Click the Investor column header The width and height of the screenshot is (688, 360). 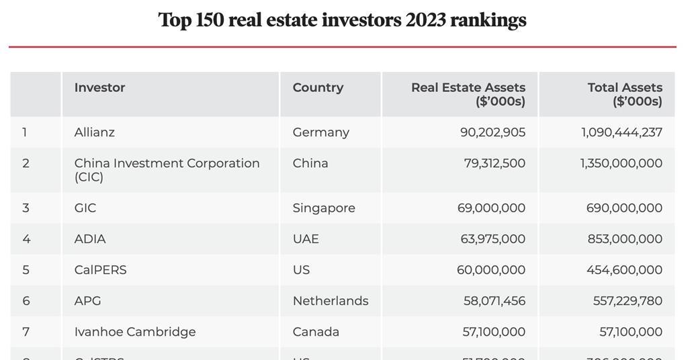(x=99, y=88)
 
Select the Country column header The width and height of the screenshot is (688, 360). (x=318, y=88)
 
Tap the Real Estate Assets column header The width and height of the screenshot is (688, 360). (x=468, y=95)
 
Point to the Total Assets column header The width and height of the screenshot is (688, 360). (x=624, y=95)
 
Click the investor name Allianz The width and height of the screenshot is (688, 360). (x=95, y=132)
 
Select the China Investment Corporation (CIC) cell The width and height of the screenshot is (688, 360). (x=167, y=170)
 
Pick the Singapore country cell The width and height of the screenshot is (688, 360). (x=324, y=208)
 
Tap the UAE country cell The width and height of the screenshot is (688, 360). (x=306, y=239)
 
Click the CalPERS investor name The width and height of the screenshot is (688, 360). (x=100, y=270)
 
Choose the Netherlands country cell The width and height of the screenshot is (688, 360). (x=331, y=301)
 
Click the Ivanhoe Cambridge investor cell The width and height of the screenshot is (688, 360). (x=135, y=332)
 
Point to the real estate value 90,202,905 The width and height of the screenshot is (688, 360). (x=492, y=132)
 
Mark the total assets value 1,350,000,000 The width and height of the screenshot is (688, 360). (x=621, y=163)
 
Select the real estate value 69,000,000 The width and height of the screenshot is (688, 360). (x=491, y=208)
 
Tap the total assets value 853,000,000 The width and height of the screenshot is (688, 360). (x=624, y=239)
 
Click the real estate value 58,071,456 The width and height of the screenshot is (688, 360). (x=494, y=301)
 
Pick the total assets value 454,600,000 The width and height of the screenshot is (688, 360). (x=624, y=270)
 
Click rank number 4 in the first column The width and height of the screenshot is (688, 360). (x=26, y=239)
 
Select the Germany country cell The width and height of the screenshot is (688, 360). (x=320, y=132)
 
